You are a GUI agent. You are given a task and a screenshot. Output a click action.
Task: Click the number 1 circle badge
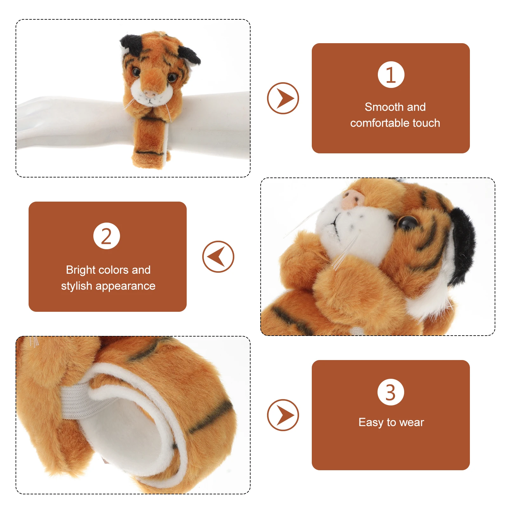tap(391, 75)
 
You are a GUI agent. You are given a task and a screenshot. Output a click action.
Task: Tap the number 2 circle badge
tap(107, 236)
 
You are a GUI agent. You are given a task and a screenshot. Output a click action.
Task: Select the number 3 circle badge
tap(391, 392)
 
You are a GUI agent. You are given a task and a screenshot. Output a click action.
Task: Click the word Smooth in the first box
tap(379, 107)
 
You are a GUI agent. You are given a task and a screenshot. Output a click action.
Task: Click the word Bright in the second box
tap(81, 270)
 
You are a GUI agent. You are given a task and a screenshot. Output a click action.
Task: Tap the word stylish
tap(77, 286)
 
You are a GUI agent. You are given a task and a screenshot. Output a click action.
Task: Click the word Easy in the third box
tap(371, 422)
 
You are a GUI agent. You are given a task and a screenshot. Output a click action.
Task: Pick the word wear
tap(412, 423)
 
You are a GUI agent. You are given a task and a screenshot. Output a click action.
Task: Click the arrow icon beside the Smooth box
tap(283, 98)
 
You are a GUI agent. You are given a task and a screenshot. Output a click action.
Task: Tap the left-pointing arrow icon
tap(218, 257)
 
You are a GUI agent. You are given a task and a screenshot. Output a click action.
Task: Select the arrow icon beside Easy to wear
tap(283, 415)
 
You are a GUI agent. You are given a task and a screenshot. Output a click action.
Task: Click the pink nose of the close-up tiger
tap(353, 199)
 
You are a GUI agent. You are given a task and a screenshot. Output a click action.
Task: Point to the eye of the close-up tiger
tap(408, 222)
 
